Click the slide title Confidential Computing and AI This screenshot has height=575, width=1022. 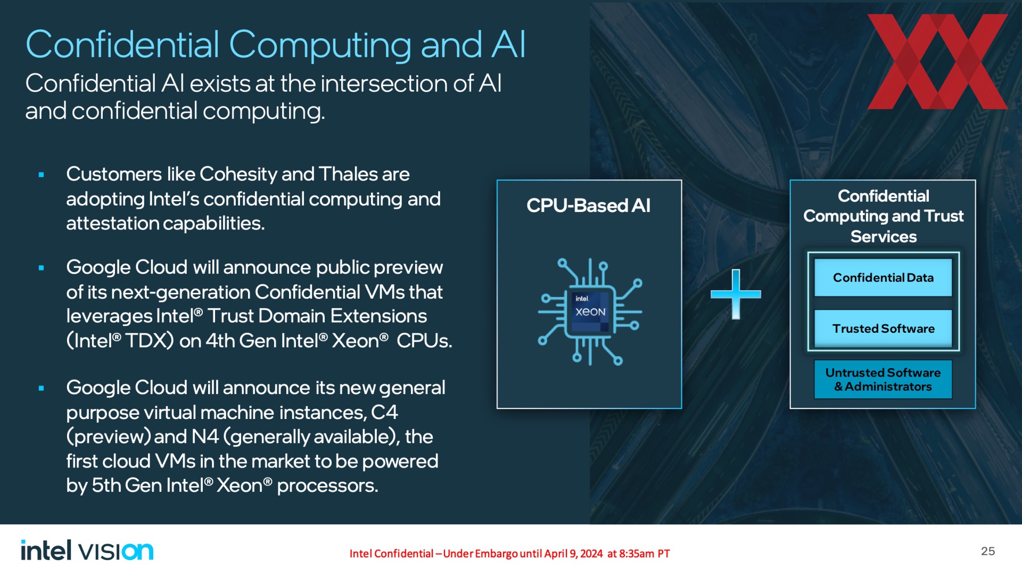coord(276,45)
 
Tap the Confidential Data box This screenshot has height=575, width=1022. coord(883,277)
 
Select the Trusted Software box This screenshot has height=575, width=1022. coord(883,328)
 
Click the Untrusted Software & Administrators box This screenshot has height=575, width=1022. coord(883,380)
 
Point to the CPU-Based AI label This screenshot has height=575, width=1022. coord(589,206)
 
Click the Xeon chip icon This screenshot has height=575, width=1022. coord(590,312)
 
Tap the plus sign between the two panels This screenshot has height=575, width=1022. coord(736,294)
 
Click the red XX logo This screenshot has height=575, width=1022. coord(937,62)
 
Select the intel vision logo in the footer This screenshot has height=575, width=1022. coord(87,551)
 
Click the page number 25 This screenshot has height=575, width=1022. coord(988,551)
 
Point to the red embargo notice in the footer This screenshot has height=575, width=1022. coord(509,554)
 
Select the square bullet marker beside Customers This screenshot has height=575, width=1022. coord(41,175)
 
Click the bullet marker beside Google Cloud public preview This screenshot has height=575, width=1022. coord(41,268)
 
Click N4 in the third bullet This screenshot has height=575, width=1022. coord(205,437)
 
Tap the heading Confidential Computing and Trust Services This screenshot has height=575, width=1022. coord(884,216)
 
